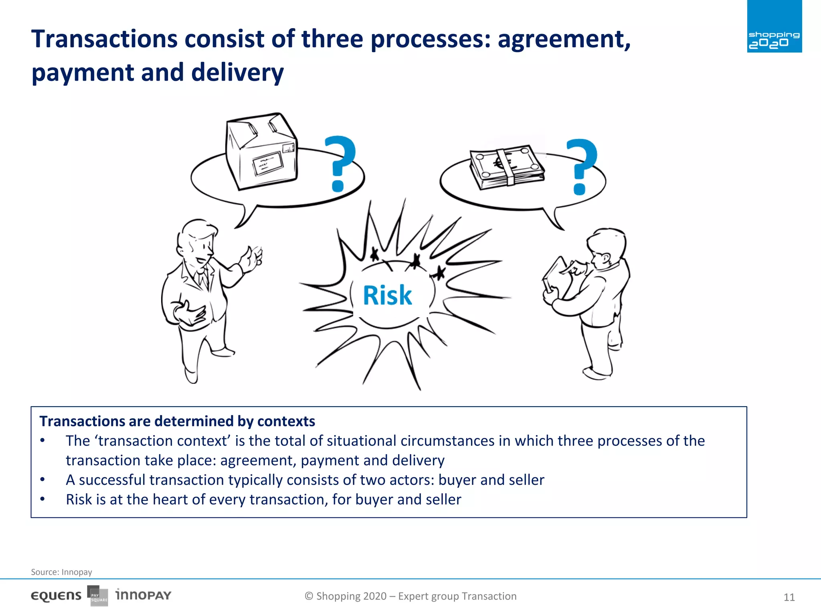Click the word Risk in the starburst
(x=387, y=296)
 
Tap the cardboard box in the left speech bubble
(x=261, y=152)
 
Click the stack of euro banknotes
(x=507, y=167)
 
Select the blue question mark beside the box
(x=339, y=163)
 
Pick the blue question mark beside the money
(x=581, y=166)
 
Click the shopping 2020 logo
(x=774, y=27)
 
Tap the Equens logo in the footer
(x=56, y=596)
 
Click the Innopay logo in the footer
(x=143, y=595)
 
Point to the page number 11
(x=789, y=597)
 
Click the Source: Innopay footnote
(x=61, y=572)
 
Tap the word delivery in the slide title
(x=237, y=73)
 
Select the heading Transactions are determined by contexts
(x=177, y=421)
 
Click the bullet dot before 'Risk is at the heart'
(x=42, y=499)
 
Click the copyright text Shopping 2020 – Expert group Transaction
(x=410, y=596)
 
